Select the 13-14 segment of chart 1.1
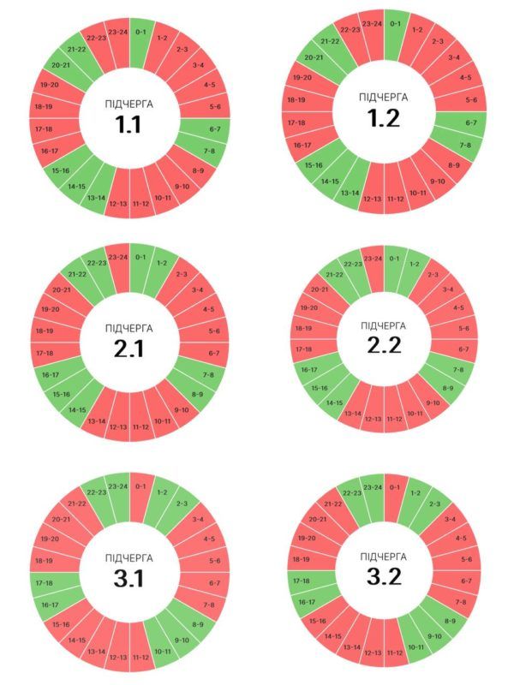(x=95, y=198)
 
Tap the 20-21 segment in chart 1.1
(x=60, y=65)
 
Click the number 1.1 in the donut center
(x=128, y=124)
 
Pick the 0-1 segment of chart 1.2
(x=395, y=25)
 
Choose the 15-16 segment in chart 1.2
(x=314, y=164)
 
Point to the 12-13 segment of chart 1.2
(x=373, y=200)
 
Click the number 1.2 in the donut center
(x=384, y=118)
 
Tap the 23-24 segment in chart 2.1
(x=117, y=257)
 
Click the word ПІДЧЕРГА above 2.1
(x=128, y=329)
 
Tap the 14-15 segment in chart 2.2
(x=334, y=402)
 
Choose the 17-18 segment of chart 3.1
(x=45, y=582)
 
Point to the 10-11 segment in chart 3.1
(x=162, y=652)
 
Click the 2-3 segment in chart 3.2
(x=436, y=504)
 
